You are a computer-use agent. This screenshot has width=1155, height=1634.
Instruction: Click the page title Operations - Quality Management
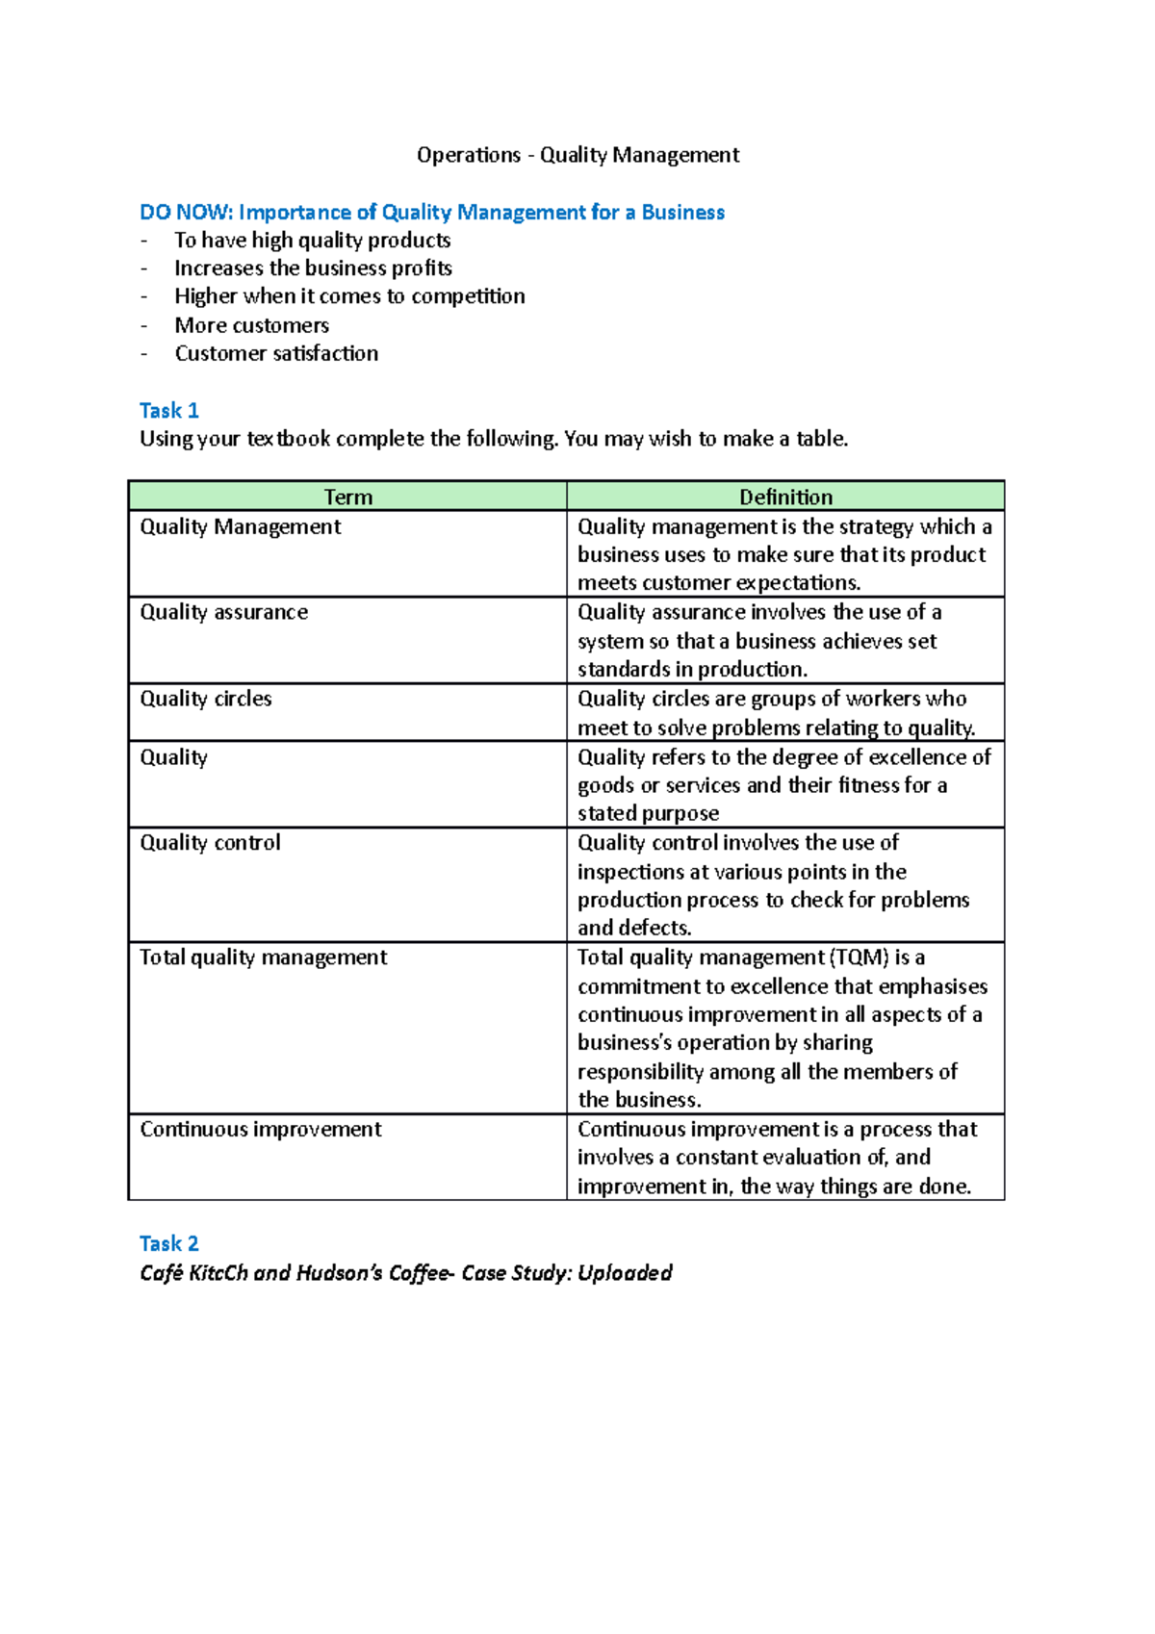[577, 155]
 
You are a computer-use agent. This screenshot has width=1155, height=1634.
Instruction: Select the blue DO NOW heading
[431, 212]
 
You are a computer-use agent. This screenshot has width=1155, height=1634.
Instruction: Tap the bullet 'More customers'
[251, 325]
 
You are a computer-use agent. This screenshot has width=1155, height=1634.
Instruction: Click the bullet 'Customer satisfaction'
[276, 353]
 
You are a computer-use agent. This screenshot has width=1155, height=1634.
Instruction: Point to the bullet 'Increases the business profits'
[313, 268]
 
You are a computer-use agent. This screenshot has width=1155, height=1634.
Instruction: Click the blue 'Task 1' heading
[168, 411]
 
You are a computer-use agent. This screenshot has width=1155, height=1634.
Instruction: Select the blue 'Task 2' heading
[168, 1243]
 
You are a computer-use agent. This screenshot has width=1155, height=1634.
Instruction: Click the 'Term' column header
[347, 497]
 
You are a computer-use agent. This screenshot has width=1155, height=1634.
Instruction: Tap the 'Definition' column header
[785, 497]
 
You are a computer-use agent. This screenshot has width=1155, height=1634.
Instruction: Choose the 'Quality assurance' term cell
[223, 612]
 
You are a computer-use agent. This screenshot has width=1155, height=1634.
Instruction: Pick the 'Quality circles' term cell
[205, 699]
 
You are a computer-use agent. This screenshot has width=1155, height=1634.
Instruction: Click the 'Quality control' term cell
[210, 843]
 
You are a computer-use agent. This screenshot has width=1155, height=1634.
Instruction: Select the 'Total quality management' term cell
[263, 957]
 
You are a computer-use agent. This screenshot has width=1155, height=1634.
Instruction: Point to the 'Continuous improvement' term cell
[260, 1129]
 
